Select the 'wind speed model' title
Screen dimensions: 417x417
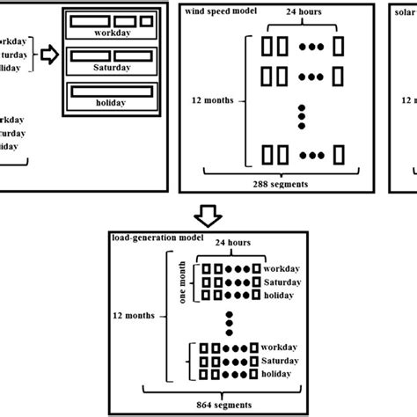pyautogui.click(x=220, y=11)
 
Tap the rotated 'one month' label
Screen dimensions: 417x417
pyautogui.click(x=184, y=282)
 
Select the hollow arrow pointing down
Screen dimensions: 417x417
pyautogui.click(x=209, y=214)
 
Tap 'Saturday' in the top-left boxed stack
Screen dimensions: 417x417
pyautogui.click(x=111, y=67)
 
